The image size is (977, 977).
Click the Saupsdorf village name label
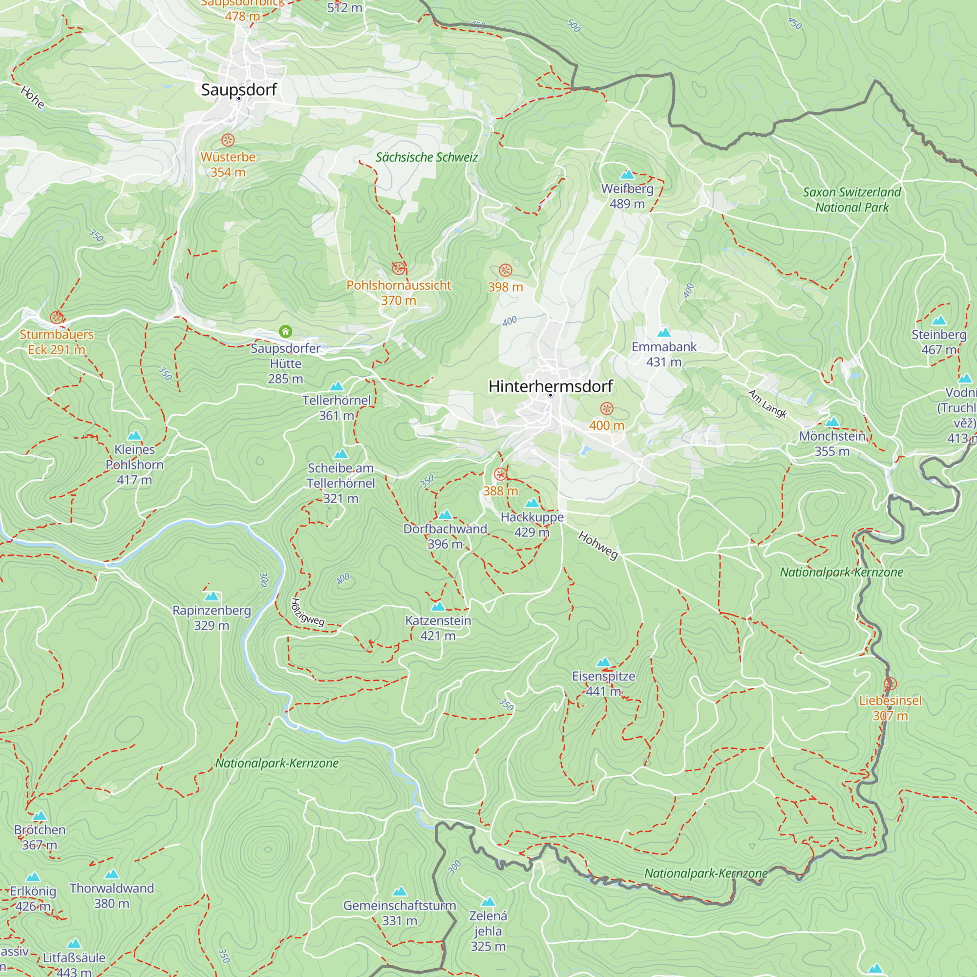pyautogui.click(x=239, y=90)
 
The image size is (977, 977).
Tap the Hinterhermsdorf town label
pyautogui.click(x=550, y=386)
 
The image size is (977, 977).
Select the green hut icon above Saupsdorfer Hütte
pyautogui.click(x=285, y=331)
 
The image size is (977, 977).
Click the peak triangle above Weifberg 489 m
pyautogui.click(x=627, y=175)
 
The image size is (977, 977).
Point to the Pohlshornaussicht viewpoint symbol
pyautogui.click(x=399, y=268)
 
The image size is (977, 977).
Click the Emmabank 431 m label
pyautogui.click(x=663, y=354)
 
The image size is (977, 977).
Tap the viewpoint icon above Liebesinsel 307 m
pyautogui.click(x=890, y=684)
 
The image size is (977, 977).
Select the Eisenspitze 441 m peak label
pyautogui.click(x=603, y=683)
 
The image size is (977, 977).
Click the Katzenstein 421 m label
pyautogui.click(x=438, y=628)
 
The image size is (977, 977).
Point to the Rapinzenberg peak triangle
pyautogui.click(x=212, y=597)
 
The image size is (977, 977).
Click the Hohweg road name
pyautogui.click(x=598, y=545)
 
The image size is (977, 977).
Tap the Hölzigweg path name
pyautogui.click(x=307, y=613)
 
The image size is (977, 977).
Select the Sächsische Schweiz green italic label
pyautogui.click(x=426, y=157)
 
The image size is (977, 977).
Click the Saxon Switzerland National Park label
pyautogui.click(x=851, y=199)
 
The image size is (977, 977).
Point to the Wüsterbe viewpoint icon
pyautogui.click(x=228, y=140)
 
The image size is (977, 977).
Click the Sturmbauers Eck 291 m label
pyautogui.click(x=57, y=342)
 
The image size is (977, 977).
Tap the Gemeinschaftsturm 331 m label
pyautogui.click(x=400, y=913)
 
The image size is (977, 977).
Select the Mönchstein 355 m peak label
pyautogui.click(x=832, y=443)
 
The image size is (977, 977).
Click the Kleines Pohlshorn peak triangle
pyautogui.click(x=134, y=435)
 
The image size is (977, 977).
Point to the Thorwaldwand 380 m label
pyautogui.click(x=112, y=895)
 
